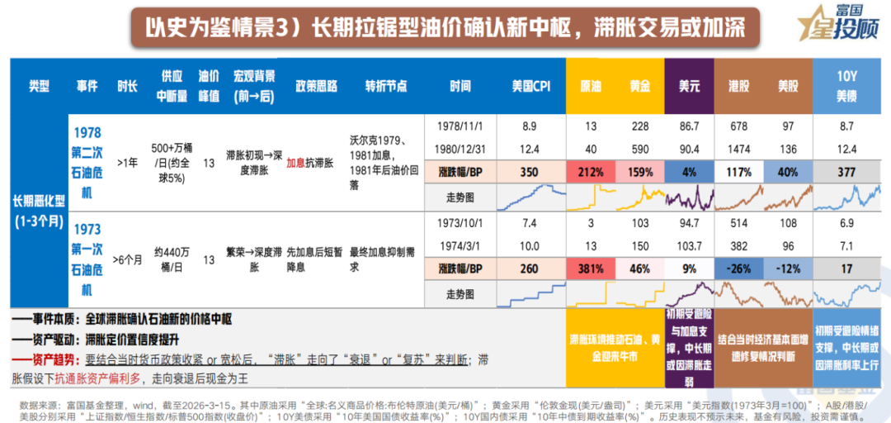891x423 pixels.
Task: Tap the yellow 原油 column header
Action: point(591,86)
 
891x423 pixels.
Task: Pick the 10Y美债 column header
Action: point(847,86)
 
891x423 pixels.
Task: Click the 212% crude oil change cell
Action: point(591,173)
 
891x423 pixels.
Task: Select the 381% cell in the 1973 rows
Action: point(591,269)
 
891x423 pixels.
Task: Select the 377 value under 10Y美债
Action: point(847,173)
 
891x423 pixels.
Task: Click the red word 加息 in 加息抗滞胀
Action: point(295,163)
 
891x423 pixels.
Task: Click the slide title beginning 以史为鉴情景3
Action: point(445,28)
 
